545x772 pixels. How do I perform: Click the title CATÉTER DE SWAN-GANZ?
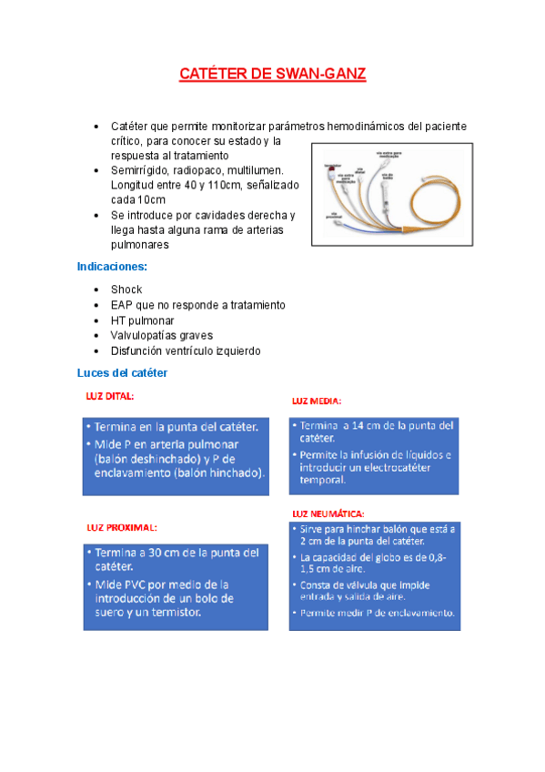272,74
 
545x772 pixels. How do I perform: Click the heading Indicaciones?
112,267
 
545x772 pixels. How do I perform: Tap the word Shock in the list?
126,289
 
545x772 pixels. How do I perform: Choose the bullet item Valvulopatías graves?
162,336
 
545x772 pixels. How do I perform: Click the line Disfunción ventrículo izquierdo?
186,350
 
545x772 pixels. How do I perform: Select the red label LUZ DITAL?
110,397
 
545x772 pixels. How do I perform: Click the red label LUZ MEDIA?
317,401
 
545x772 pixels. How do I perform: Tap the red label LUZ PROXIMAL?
122,527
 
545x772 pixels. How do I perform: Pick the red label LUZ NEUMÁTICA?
328,514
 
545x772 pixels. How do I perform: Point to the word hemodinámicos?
365,126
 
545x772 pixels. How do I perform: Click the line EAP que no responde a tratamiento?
198,305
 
